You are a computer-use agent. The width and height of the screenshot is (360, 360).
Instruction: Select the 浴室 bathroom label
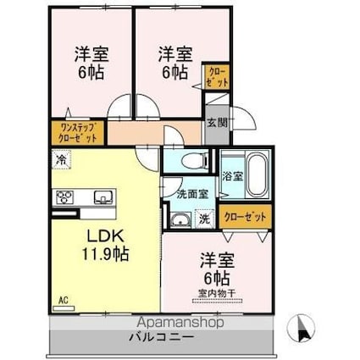(232, 175)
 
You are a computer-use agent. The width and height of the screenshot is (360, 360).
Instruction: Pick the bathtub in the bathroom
(255, 175)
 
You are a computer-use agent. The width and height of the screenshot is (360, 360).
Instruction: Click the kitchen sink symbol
(103, 198)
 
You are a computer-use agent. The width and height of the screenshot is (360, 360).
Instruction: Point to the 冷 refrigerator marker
(60, 158)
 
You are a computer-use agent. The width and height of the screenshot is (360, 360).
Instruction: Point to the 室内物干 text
(217, 294)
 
